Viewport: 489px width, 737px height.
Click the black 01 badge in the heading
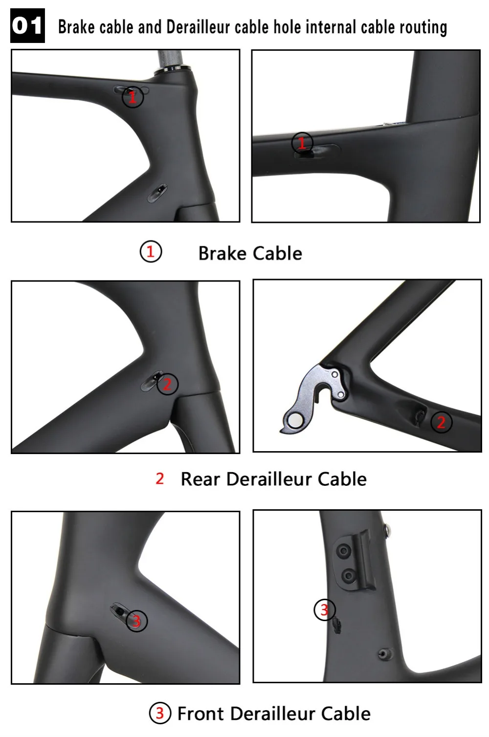point(27,26)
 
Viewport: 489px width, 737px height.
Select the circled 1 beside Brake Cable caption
point(151,252)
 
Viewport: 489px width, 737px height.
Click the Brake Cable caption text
point(250,253)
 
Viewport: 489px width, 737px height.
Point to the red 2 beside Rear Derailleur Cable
point(160,479)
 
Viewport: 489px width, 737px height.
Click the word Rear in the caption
point(200,479)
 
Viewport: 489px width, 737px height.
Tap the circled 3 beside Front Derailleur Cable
point(160,714)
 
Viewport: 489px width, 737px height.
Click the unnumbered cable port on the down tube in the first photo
point(157,193)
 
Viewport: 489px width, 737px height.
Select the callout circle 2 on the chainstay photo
point(441,422)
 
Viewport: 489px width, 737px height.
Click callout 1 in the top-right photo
point(302,143)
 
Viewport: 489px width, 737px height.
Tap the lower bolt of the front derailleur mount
point(348,576)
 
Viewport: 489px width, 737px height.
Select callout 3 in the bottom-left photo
point(136,621)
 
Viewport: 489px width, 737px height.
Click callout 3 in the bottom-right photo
point(325,609)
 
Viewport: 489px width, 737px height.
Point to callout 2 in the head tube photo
point(167,384)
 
